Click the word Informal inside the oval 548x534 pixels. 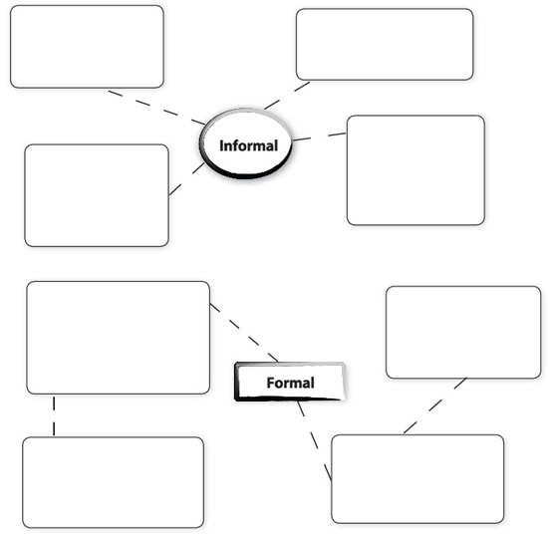click(248, 145)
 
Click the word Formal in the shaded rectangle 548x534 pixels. click(290, 383)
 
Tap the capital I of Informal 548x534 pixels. click(221, 145)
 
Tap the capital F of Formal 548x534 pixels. click(270, 383)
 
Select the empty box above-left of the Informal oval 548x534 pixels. click(87, 47)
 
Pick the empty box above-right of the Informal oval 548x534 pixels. click(385, 45)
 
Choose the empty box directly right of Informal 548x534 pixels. click(415, 170)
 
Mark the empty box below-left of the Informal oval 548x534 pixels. click(97, 195)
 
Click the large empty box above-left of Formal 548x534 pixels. click(119, 338)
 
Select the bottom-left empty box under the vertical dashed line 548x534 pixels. click(114, 482)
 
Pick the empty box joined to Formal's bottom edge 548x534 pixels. click(417, 479)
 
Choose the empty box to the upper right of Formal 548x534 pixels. click(463, 333)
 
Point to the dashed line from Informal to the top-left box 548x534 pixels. click(156, 108)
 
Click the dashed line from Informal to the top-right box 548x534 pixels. click(287, 96)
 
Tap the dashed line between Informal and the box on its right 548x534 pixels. click(319, 136)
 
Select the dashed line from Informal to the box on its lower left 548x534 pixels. click(186, 178)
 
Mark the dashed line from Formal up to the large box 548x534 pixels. click(244, 333)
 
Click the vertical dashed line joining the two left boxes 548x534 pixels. click(54, 415)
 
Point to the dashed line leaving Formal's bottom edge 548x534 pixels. click(314, 440)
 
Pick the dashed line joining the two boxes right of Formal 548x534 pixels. click(435, 405)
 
